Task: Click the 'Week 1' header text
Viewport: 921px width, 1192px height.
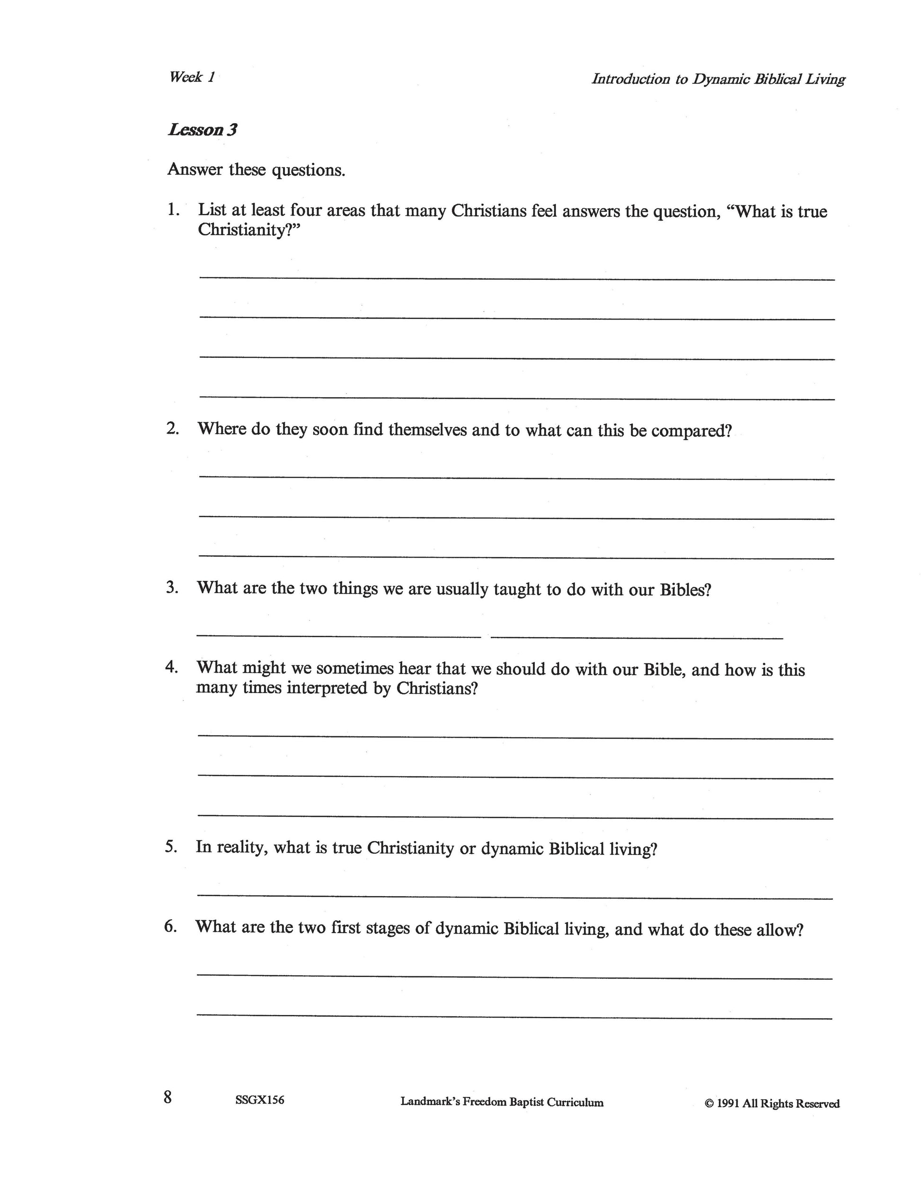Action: pos(192,77)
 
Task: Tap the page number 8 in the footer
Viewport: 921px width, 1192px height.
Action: pos(168,1096)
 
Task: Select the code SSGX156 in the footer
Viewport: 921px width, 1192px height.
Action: pos(260,1100)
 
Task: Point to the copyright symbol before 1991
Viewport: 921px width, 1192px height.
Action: pos(709,1103)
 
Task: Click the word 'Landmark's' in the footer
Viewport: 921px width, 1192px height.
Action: pos(429,1102)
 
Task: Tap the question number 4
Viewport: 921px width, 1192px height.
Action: pos(171,667)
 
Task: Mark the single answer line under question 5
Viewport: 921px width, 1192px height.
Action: pos(514,897)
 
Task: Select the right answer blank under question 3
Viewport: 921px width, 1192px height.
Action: pos(637,637)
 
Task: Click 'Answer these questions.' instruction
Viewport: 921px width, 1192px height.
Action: pos(257,170)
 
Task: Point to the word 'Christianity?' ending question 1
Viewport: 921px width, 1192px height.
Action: pos(249,230)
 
